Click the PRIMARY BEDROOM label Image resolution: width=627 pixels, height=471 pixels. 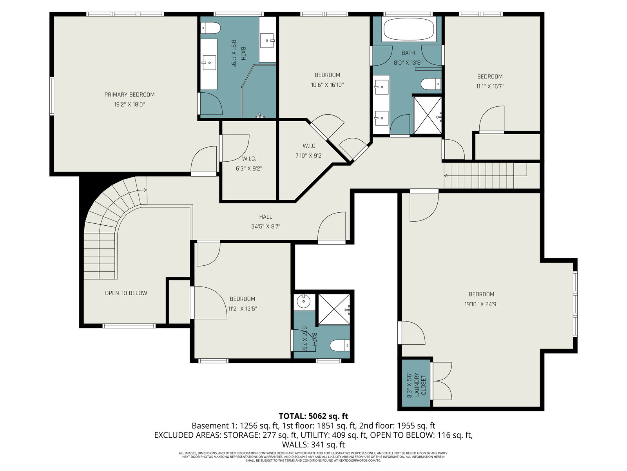(129, 95)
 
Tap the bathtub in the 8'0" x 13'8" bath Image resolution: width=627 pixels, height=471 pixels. (409, 29)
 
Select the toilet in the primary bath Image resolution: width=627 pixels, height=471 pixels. (210, 28)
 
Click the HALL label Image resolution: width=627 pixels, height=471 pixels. (266, 217)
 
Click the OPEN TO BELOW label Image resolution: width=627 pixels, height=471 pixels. (126, 293)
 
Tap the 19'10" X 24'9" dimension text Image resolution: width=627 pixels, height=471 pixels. (481, 304)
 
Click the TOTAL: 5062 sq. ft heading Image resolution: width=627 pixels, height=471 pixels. (313, 416)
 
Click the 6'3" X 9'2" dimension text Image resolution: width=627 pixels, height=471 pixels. (249, 169)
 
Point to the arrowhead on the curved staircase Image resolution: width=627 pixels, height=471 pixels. (145, 190)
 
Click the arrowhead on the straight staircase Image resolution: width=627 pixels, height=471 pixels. (446, 175)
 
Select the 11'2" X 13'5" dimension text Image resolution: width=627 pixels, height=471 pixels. (242, 309)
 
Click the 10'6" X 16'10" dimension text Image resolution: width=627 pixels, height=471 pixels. (327, 85)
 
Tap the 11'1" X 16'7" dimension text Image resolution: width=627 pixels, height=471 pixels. (489, 86)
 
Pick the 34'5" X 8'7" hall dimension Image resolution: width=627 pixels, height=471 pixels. (266, 227)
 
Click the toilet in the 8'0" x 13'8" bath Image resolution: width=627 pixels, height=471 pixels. (431, 84)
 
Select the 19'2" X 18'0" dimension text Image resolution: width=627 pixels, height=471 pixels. (129, 105)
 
